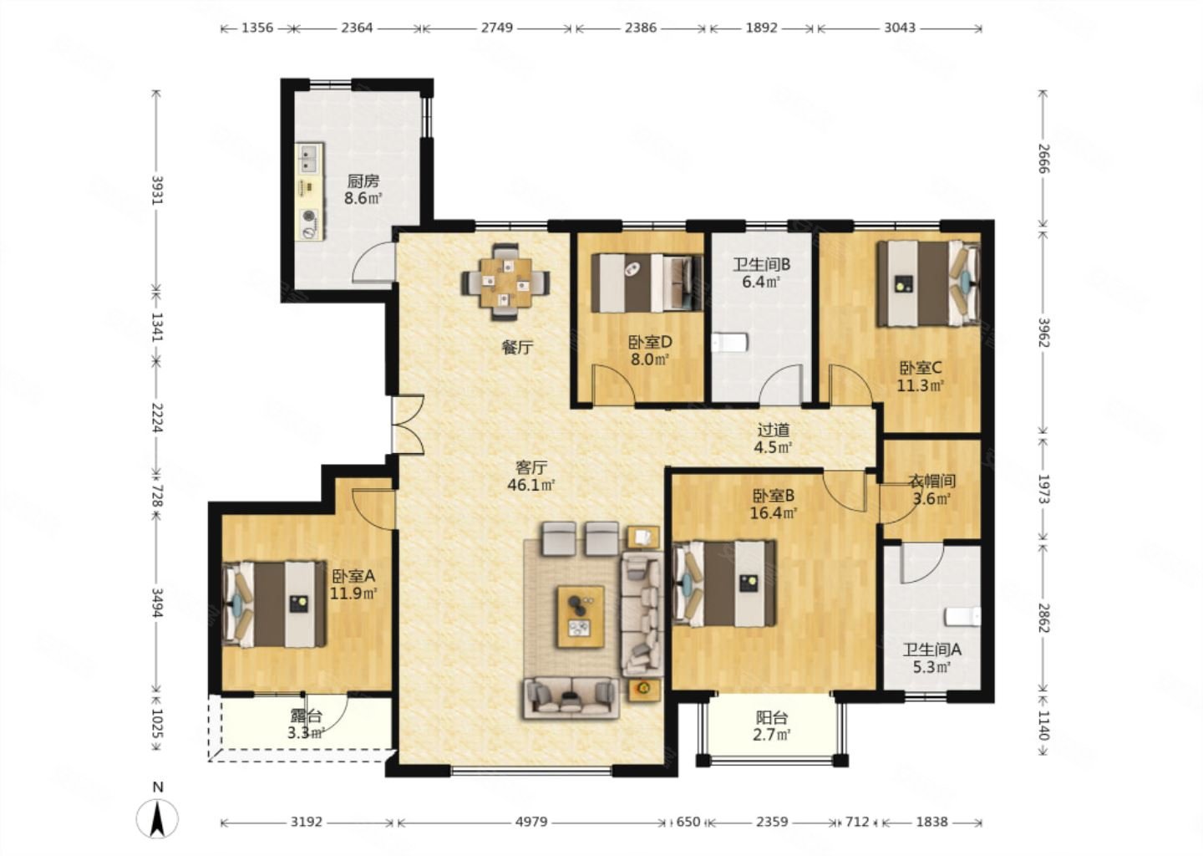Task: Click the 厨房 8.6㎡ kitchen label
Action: pyautogui.click(x=363, y=190)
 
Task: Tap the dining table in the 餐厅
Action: pyautogui.click(x=505, y=282)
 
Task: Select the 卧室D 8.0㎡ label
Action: pyautogui.click(x=650, y=350)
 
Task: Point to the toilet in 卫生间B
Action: pyautogui.click(x=729, y=342)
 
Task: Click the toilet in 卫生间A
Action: pyautogui.click(x=963, y=616)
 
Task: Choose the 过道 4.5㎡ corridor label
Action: pyautogui.click(x=773, y=438)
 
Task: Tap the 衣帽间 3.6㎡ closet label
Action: pyautogui.click(x=931, y=490)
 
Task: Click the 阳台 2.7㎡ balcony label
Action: pyautogui.click(x=772, y=726)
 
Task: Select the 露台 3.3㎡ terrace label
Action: pyautogui.click(x=306, y=724)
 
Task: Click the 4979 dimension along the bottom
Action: pyautogui.click(x=531, y=822)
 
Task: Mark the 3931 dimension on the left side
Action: pyautogui.click(x=157, y=191)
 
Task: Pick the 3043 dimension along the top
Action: pyautogui.click(x=900, y=28)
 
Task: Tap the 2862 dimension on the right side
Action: pyautogui.click(x=1043, y=618)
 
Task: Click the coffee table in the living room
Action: pyautogui.click(x=581, y=617)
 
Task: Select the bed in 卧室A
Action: pyautogui.click(x=274, y=604)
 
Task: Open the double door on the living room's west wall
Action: pyautogui.click(x=409, y=425)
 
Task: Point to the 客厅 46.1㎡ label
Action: pyautogui.click(x=531, y=476)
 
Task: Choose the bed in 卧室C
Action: pyautogui.click(x=929, y=283)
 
